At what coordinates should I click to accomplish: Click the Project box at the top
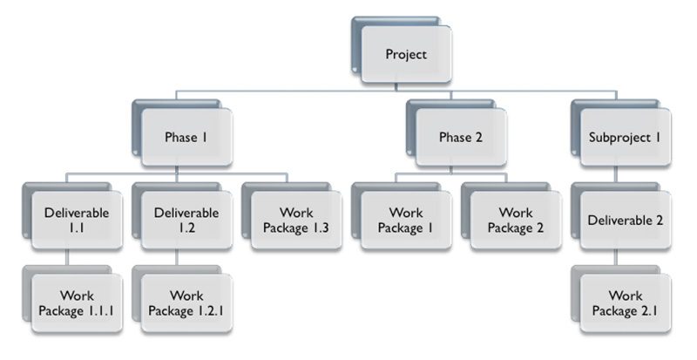point(406,54)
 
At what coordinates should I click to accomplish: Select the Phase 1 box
point(186,138)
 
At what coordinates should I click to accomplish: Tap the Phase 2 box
point(461,138)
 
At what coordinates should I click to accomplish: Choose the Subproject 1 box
point(625,138)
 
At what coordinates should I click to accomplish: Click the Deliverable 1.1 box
point(77,221)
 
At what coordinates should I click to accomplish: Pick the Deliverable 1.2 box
point(186,221)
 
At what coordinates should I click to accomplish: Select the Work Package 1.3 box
point(296,221)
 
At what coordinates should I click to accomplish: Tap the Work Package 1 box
point(406,221)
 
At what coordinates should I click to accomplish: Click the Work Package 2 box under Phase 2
point(516,221)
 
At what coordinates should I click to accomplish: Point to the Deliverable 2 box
point(625,221)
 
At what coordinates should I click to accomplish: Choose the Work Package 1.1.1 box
point(77,303)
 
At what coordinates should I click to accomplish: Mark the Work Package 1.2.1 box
point(186,303)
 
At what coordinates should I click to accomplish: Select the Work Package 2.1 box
point(625,303)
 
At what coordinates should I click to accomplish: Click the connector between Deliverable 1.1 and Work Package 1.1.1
point(67,257)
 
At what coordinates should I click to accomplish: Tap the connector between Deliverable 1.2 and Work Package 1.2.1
point(177,257)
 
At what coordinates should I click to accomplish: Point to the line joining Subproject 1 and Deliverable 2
point(616,174)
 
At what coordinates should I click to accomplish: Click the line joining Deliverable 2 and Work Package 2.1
point(616,257)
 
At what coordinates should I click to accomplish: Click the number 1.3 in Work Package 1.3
point(319,228)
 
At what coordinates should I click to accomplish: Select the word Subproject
point(619,138)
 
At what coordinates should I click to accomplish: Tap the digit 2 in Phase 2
point(478,137)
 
